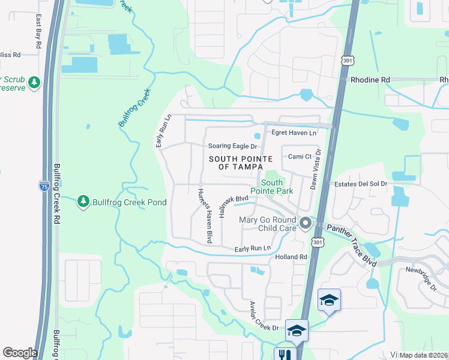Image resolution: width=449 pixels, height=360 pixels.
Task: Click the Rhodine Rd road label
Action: click(x=370, y=79)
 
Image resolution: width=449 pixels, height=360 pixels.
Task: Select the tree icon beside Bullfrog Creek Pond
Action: click(x=83, y=202)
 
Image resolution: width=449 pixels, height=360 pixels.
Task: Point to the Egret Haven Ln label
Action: click(x=294, y=133)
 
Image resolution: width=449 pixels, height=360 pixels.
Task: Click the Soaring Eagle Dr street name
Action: click(x=232, y=146)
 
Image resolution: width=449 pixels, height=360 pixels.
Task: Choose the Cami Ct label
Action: click(x=299, y=157)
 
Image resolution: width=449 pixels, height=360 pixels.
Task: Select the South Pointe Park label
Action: click(x=277, y=187)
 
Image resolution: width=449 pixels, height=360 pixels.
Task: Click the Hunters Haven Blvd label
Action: click(x=205, y=216)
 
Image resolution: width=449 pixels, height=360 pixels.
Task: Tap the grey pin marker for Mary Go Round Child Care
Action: click(x=305, y=224)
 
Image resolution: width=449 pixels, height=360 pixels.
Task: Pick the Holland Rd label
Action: click(x=291, y=257)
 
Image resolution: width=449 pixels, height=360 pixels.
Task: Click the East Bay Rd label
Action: click(x=38, y=32)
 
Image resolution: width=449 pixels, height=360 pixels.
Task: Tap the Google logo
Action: click(x=20, y=353)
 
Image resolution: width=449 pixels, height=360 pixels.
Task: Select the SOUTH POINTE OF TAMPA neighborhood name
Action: click(x=240, y=163)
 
